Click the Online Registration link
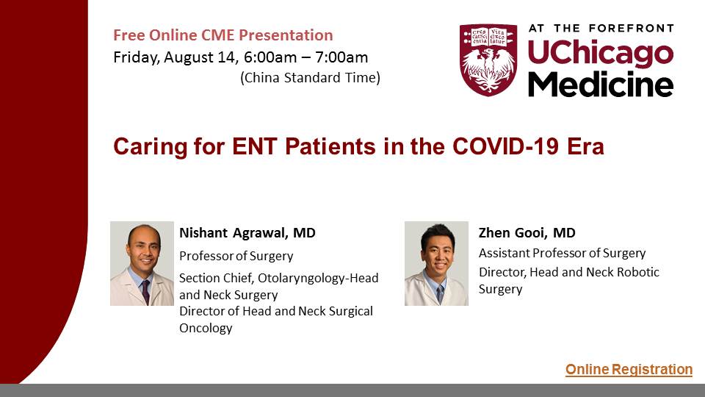(629, 369)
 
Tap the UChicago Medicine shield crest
(488, 60)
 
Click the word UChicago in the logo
(601, 53)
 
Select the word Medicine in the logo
(601, 84)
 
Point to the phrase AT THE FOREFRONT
(601, 28)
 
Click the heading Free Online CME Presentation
(223, 35)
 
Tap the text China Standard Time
(310, 77)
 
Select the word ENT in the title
(254, 146)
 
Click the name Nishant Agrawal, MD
(247, 233)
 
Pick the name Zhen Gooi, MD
(527, 233)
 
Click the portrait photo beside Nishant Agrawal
(142, 263)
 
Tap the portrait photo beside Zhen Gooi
(436, 263)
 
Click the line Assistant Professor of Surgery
(562, 254)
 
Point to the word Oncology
(206, 328)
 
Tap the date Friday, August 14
(175, 57)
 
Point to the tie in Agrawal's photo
(145, 292)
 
